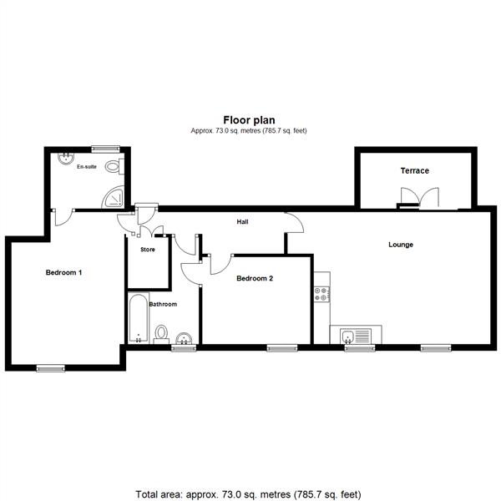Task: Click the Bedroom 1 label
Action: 63,272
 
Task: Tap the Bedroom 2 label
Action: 255,278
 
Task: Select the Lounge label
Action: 401,245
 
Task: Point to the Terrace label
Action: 415,170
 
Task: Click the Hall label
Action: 242,222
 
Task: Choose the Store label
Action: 148,249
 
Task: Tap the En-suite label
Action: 87,166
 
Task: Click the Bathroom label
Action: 163,304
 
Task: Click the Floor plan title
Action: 249,120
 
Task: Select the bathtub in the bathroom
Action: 139,318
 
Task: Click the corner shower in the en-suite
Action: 113,197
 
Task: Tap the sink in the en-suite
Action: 66,158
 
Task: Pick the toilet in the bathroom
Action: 161,334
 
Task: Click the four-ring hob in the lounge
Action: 321,294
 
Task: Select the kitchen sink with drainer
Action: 356,337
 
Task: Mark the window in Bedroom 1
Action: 51,368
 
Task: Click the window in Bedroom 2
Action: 282,348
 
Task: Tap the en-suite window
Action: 105,149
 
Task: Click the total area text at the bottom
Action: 248,494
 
